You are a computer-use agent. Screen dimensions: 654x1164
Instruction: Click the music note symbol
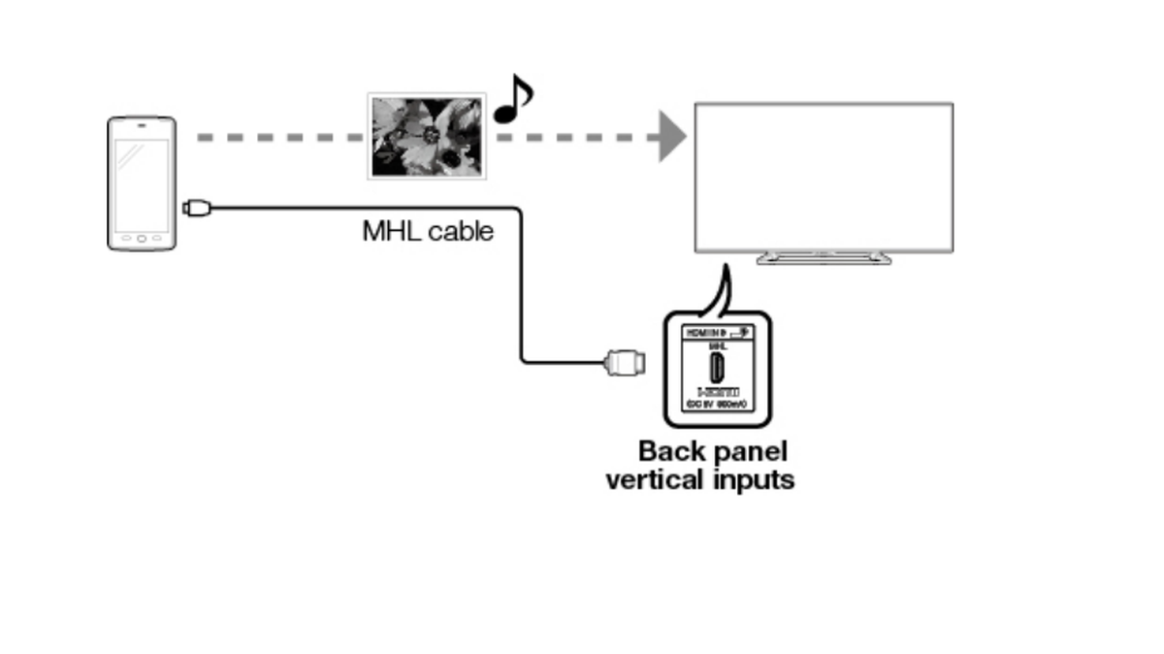pyautogui.click(x=513, y=100)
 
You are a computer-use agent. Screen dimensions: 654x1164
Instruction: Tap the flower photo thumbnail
pyautogui.click(x=426, y=136)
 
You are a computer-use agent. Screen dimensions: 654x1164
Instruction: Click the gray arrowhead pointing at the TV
pyautogui.click(x=672, y=136)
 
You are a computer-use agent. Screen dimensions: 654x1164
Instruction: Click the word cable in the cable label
pyautogui.click(x=459, y=231)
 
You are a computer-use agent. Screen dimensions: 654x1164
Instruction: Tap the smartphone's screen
pyautogui.click(x=142, y=184)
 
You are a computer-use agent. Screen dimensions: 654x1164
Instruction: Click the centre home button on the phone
pyautogui.click(x=142, y=238)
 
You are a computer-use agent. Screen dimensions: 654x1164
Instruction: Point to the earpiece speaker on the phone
pyautogui.click(x=142, y=125)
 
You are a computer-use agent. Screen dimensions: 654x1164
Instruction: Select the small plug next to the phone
pyautogui.click(x=195, y=207)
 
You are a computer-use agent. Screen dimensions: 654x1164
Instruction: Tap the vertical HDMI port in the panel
pyautogui.click(x=717, y=368)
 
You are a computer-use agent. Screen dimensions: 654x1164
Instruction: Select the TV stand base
pyautogui.click(x=824, y=258)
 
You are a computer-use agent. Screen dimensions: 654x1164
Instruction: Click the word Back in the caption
pyautogui.click(x=668, y=451)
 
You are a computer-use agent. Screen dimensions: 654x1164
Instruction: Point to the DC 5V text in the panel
pyautogui.click(x=700, y=405)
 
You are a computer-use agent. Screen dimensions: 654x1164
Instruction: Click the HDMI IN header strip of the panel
pyautogui.click(x=716, y=332)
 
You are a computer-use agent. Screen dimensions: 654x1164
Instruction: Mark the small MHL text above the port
pyautogui.click(x=717, y=344)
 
